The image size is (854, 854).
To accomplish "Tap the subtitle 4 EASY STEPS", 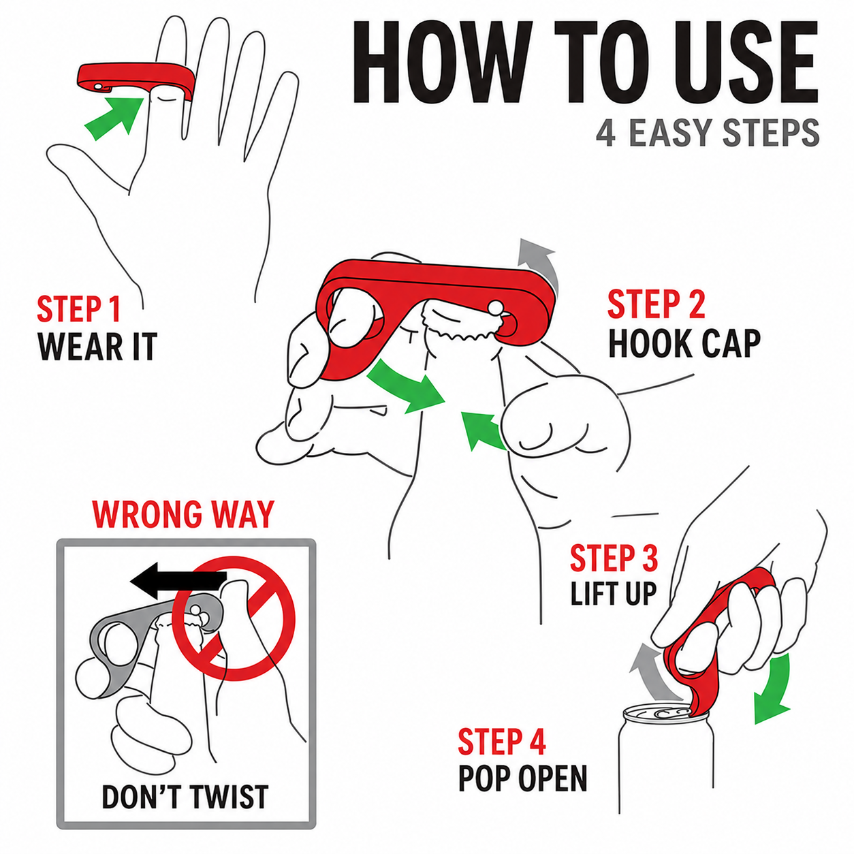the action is [708, 133].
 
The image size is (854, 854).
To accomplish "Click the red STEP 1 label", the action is [79, 309].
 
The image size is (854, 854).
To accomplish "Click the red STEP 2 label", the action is [656, 304].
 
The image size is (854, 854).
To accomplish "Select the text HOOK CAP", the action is [684, 343].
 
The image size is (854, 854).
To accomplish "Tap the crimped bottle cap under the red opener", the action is [461, 326].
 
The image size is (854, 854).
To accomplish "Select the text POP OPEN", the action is [522, 778].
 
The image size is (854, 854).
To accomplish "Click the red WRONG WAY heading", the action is [183, 514].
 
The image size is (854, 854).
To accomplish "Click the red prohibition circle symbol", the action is [233, 620].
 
